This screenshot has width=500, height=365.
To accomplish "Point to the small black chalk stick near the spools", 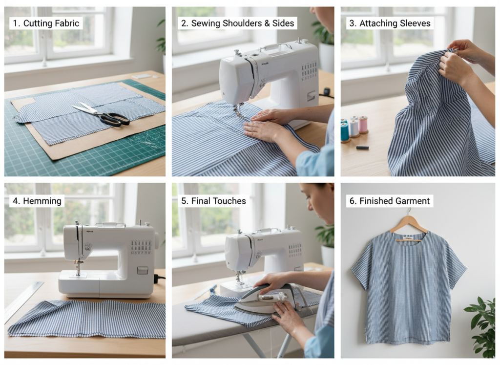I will [x=361, y=147].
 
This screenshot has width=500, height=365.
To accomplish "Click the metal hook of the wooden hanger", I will [x=409, y=213].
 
